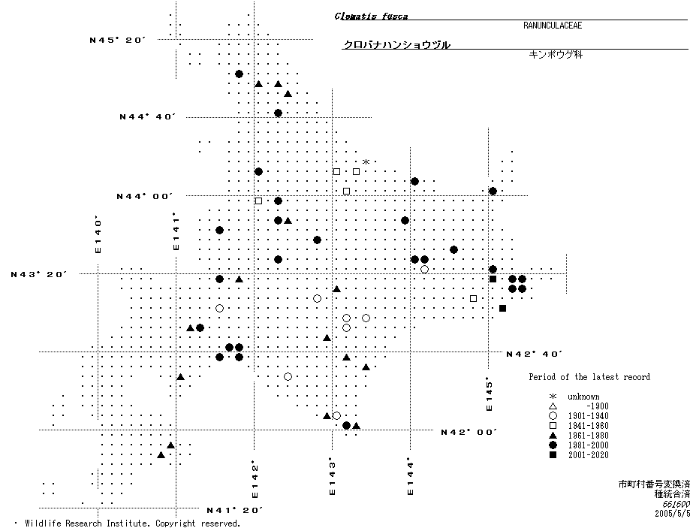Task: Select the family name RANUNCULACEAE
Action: (x=553, y=26)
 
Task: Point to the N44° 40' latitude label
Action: (x=147, y=117)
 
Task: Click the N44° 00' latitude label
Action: (x=144, y=196)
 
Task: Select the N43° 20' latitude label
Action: (x=39, y=274)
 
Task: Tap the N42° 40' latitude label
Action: (x=535, y=353)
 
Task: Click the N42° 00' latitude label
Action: (x=469, y=432)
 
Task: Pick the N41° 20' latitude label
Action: (x=234, y=510)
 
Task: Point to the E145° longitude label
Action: (x=489, y=394)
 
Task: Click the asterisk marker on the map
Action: (x=366, y=162)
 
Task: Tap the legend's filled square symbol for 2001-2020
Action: (x=553, y=455)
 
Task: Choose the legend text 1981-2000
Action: (x=588, y=445)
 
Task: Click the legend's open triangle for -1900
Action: (x=553, y=406)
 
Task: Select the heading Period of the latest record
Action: (x=589, y=377)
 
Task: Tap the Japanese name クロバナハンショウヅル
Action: (x=396, y=45)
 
